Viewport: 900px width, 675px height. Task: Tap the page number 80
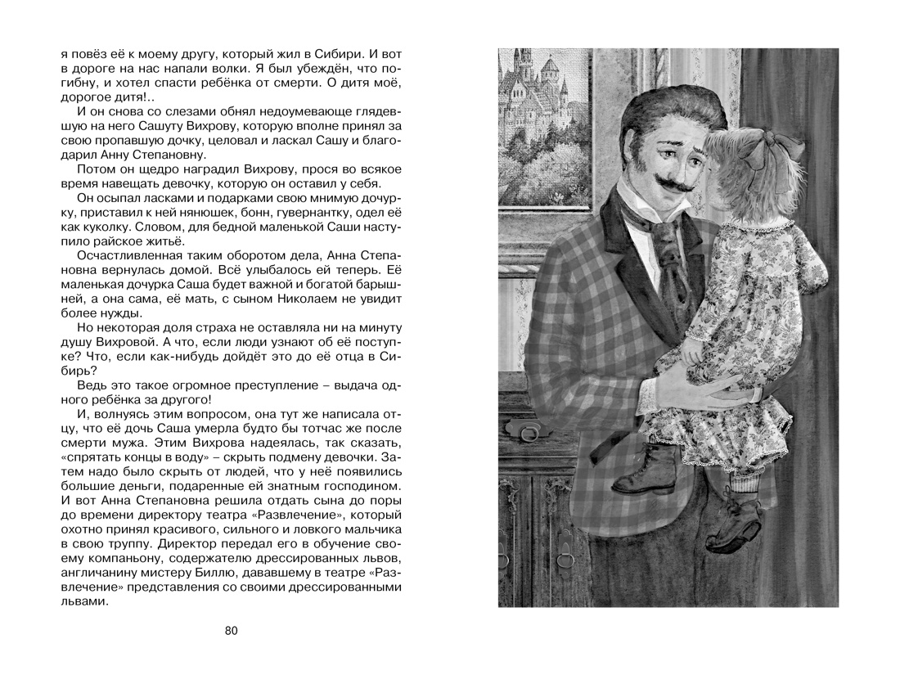(231, 630)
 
